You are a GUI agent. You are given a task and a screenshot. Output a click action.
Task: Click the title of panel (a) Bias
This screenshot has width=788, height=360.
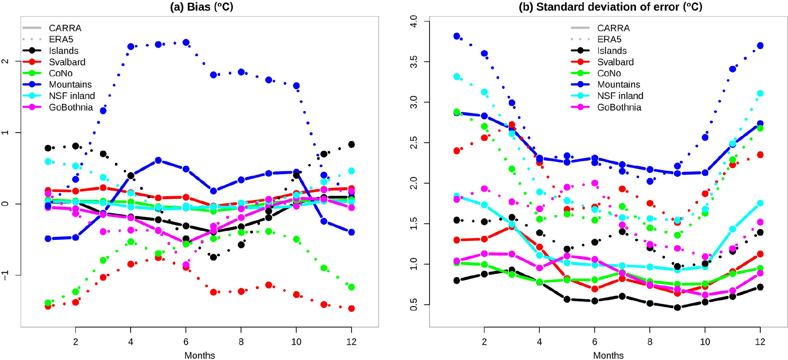click(x=201, y=7)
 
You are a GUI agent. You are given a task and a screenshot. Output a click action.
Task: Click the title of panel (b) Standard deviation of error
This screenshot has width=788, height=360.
click(x=610, y=7)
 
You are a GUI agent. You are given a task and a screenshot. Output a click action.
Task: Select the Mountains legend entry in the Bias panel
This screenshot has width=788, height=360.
click(x=70, y=84)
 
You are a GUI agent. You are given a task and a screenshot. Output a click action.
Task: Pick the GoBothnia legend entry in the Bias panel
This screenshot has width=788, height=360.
click(x=71, y=107)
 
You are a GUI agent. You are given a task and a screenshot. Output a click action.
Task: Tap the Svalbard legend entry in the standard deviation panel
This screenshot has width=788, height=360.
click(x=615, y=62)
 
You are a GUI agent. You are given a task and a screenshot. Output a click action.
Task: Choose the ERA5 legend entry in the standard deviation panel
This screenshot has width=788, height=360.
click(x=609, y=39)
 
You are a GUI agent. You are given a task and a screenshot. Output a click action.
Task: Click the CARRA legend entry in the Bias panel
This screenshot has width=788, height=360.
click(x=65, y=28)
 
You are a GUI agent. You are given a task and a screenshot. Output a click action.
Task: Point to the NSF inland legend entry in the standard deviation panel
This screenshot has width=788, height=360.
click(x=620, y=96)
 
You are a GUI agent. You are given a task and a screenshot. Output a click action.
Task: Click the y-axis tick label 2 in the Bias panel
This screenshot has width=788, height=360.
click(x=5, y=61)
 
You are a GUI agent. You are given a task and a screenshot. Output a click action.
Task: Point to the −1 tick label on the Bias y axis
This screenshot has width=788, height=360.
click(x=5, y=275)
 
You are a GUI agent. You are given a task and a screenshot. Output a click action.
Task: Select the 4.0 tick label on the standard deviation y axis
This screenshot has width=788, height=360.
click(x=414, y=21)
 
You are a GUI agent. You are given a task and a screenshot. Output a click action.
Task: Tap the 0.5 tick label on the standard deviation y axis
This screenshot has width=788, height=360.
click(x=414, y=305)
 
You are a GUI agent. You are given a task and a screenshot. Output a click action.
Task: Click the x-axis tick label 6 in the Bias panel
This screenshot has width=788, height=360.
click(x=186, y=342)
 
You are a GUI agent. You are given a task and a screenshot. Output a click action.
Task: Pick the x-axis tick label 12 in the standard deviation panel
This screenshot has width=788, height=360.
click(x=760, y=342)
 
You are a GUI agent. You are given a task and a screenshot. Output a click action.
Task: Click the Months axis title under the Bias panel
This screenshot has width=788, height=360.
click(x=200, y=355)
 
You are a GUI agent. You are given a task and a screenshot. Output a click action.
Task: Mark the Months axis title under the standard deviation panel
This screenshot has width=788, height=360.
click(x=608, y=355)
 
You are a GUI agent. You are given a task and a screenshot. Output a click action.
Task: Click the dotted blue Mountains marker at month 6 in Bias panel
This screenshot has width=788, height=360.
click(x=186, y=43)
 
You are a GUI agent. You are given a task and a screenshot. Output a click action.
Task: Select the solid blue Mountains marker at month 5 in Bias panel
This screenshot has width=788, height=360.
click(x=158, y=160)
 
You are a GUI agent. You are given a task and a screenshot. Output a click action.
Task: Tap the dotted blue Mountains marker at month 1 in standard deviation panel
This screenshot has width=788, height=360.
click(x=456, y=36)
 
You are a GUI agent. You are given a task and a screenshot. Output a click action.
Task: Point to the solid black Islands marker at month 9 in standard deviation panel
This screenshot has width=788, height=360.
click(x=677, y=307)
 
